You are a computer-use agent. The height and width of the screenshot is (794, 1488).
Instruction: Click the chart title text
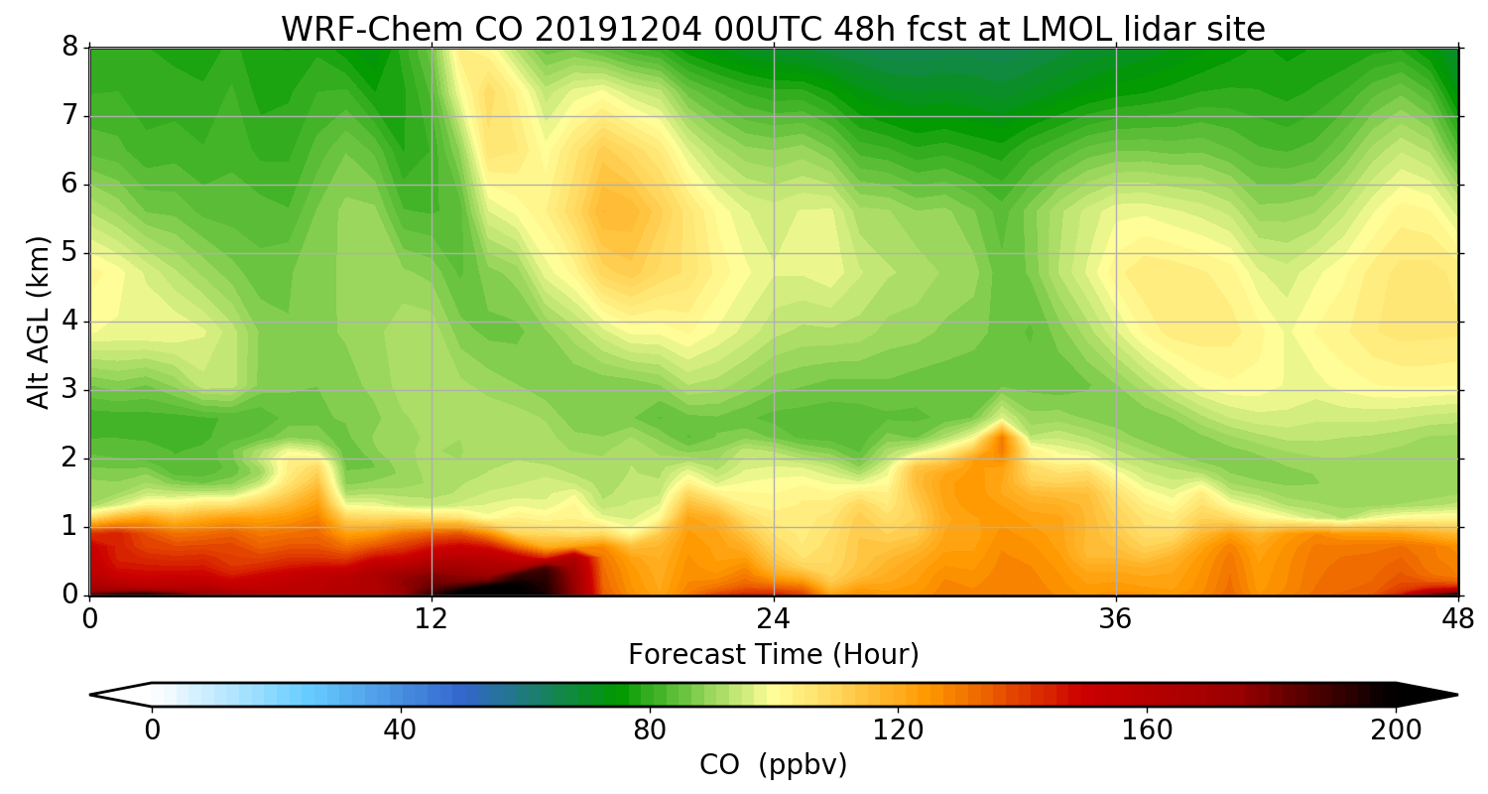coord(773,30)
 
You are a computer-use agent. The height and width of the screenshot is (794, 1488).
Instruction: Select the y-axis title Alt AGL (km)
coord(39,322)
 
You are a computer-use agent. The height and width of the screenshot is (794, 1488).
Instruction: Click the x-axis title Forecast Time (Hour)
coord(773,655)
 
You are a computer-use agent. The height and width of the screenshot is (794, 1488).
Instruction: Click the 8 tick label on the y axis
coord(70,48)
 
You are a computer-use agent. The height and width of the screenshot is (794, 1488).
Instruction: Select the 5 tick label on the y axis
coord(70,253)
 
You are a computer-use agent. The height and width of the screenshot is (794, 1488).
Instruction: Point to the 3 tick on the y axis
coord(70,390)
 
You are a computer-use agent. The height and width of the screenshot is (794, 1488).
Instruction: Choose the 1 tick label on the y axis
coord(70,527)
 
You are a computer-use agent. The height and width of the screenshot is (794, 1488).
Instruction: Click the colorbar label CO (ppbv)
coord(773,765)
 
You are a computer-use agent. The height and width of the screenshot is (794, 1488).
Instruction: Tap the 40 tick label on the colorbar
coord(400,730)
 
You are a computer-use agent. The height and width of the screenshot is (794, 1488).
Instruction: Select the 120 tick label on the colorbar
coord(898,730)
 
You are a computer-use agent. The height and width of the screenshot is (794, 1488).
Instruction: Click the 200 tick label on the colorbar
coord(1396,730)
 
